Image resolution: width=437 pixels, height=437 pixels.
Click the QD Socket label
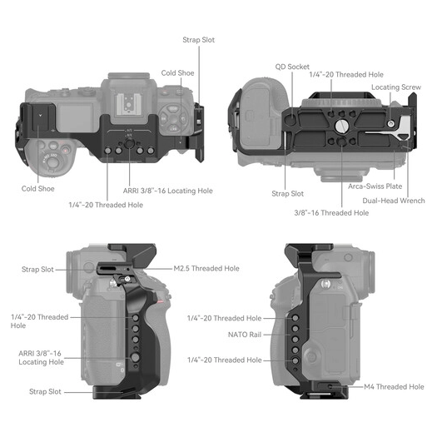tap(292, 67)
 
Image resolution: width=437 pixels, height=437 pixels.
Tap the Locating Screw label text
tap(396, 87)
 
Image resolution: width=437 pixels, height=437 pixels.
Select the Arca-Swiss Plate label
tap(375, 186)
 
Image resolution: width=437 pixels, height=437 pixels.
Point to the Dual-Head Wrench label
tap(394, 201)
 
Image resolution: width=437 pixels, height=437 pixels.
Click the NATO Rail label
tap(245, 335)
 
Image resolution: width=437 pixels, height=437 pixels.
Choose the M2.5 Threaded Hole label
tap(206, 268)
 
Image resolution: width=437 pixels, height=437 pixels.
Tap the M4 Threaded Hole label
tap(394, 386)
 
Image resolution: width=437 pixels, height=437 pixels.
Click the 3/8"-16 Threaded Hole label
tap(331, 213)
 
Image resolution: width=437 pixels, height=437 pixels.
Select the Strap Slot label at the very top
tap(198, 40)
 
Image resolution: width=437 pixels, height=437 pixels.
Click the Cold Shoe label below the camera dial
tap(38, 189)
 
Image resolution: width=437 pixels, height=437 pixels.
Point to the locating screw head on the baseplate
tap(391, 123)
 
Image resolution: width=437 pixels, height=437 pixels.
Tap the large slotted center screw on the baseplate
tap(340, 127)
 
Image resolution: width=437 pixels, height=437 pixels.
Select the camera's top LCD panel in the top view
tap(75, 118)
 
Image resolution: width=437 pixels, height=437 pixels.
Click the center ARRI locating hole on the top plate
tap(129, 144)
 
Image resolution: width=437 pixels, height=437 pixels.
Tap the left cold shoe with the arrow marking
tap(40, 117)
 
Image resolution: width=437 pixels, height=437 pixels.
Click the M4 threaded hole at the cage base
tap(330, 387)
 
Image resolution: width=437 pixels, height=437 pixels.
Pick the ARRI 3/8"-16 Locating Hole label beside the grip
tap(41, 358)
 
